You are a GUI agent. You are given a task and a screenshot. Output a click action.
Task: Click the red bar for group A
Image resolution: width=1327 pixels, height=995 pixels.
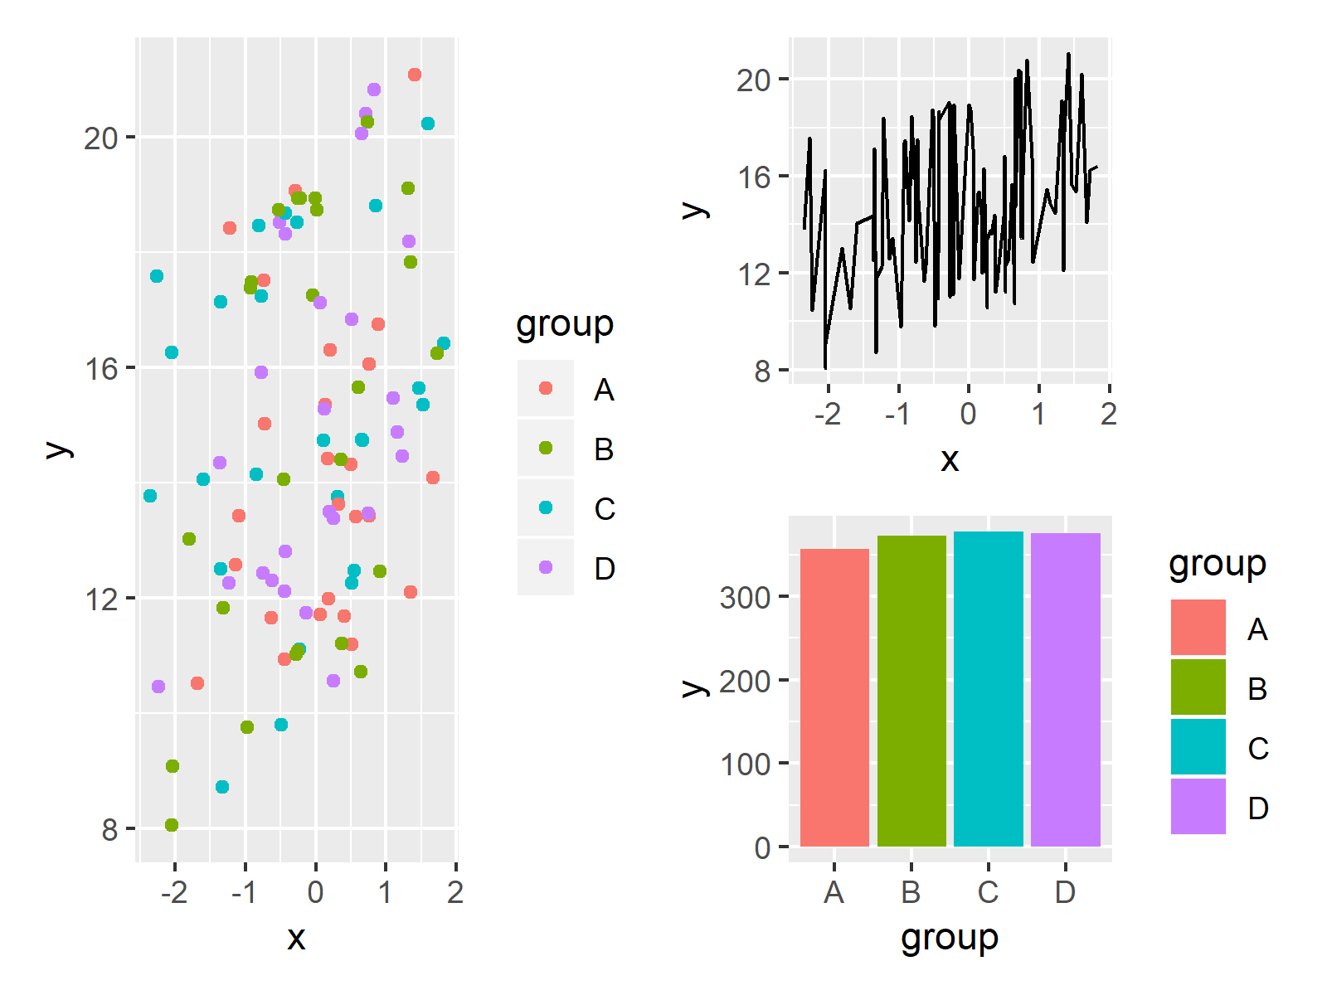tap(834, 696)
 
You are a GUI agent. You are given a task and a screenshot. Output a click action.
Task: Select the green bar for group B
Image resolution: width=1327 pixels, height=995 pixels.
tap(911, 690)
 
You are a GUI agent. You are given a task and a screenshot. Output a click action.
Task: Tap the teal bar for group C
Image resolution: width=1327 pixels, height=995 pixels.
tap(989, 688)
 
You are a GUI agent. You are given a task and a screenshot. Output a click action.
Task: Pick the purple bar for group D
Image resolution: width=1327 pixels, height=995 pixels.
tap(1066, 689)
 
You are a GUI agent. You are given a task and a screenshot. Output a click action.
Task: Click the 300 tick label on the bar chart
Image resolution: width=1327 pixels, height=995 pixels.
tap(745, 597)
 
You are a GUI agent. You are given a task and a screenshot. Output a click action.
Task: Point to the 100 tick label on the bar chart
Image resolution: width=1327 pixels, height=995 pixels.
tap(745, 764)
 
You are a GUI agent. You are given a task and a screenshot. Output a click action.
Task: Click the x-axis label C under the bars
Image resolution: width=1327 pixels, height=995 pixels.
tap(988, 892)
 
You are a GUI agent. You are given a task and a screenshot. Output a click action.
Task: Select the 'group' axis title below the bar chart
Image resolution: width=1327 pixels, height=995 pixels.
tap(950, 938)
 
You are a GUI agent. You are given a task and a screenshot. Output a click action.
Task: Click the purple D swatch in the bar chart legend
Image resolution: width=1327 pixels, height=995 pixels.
tap(1198, 806)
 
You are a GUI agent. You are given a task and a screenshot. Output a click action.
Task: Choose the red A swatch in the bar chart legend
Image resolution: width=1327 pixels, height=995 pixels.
tap(1198, 627)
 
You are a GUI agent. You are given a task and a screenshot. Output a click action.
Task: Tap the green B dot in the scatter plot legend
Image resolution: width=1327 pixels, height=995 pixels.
tap(546, 448)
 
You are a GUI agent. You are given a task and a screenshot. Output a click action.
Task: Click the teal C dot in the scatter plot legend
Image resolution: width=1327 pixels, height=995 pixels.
tap(546, 507)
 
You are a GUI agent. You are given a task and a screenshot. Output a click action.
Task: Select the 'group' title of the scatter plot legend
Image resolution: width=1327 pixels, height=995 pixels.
tap(565, 324)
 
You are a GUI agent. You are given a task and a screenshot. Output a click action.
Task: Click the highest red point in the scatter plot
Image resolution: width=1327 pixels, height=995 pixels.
tap(415, 75)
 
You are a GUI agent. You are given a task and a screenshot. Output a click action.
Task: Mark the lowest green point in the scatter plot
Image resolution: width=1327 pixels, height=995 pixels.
tap(172, 825)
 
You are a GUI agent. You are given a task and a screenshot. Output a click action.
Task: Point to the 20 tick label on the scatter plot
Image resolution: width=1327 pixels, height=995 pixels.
tap(100, 138)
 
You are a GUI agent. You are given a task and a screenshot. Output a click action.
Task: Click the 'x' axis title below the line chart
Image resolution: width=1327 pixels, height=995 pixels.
tap(950, 459)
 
